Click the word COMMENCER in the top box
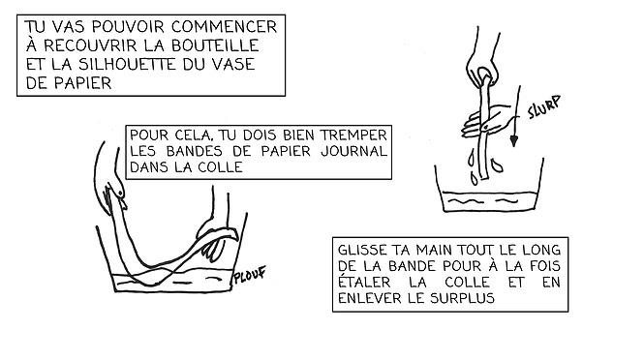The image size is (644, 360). [224, 27]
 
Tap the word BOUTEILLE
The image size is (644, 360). [215, 45]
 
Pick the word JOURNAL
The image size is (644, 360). [353, 151]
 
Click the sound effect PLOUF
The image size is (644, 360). [250, 275]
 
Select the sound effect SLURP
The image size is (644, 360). [544, 107]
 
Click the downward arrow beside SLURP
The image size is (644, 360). [516, 116]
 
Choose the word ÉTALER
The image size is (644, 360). [364, 283]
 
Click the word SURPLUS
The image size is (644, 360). [462, 298]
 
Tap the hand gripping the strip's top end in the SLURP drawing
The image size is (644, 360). [483, 62]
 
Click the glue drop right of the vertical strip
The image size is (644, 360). [498, 165]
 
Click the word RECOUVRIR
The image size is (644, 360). [89, 45]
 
